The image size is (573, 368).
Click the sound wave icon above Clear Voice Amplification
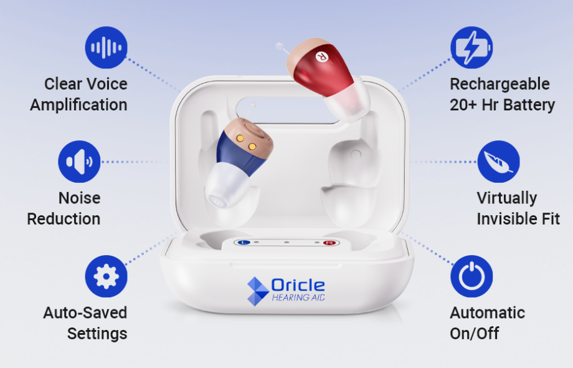click(107, 47)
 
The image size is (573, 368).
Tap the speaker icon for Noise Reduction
click(79, 162)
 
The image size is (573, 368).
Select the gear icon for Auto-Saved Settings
click(107, 276)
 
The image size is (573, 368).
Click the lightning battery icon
click(471, 47)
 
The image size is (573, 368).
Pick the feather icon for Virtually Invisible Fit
click(498, 162)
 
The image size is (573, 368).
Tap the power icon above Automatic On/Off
click(471, 276)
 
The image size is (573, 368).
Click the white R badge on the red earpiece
click(321, 56)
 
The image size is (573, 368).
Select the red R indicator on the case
click(329, 243)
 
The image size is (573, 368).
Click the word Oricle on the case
click(298, 285)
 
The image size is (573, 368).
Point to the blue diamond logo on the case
click(258, 291)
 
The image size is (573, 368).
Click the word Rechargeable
click(500, 84)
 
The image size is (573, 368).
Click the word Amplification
click(78, 105)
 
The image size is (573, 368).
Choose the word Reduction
click(64, 219)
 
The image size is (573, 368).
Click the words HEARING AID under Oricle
click(298, 298)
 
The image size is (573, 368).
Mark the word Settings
click(97, 334)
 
